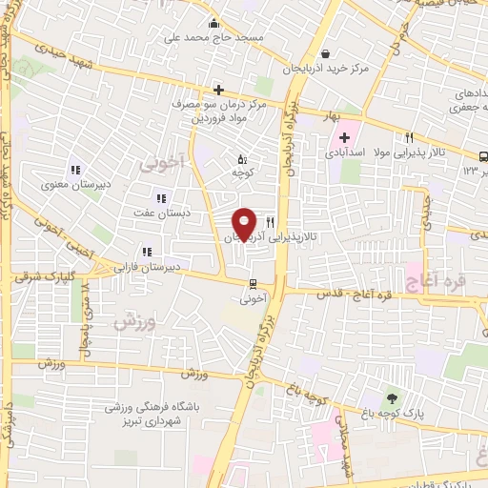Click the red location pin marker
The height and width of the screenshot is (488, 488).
click(245, 223)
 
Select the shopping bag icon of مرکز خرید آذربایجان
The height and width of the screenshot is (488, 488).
click(327, 54)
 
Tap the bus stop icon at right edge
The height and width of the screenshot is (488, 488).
click(482, 156)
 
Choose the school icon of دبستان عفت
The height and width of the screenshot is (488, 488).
click(160, 198)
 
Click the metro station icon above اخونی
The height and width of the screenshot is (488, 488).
click(253, 283)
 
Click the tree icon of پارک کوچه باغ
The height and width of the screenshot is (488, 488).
click(391, 398)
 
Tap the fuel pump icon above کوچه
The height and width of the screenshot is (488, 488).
click(241, 159)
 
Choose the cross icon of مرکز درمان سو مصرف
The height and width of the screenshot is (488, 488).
click(218, 89)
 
